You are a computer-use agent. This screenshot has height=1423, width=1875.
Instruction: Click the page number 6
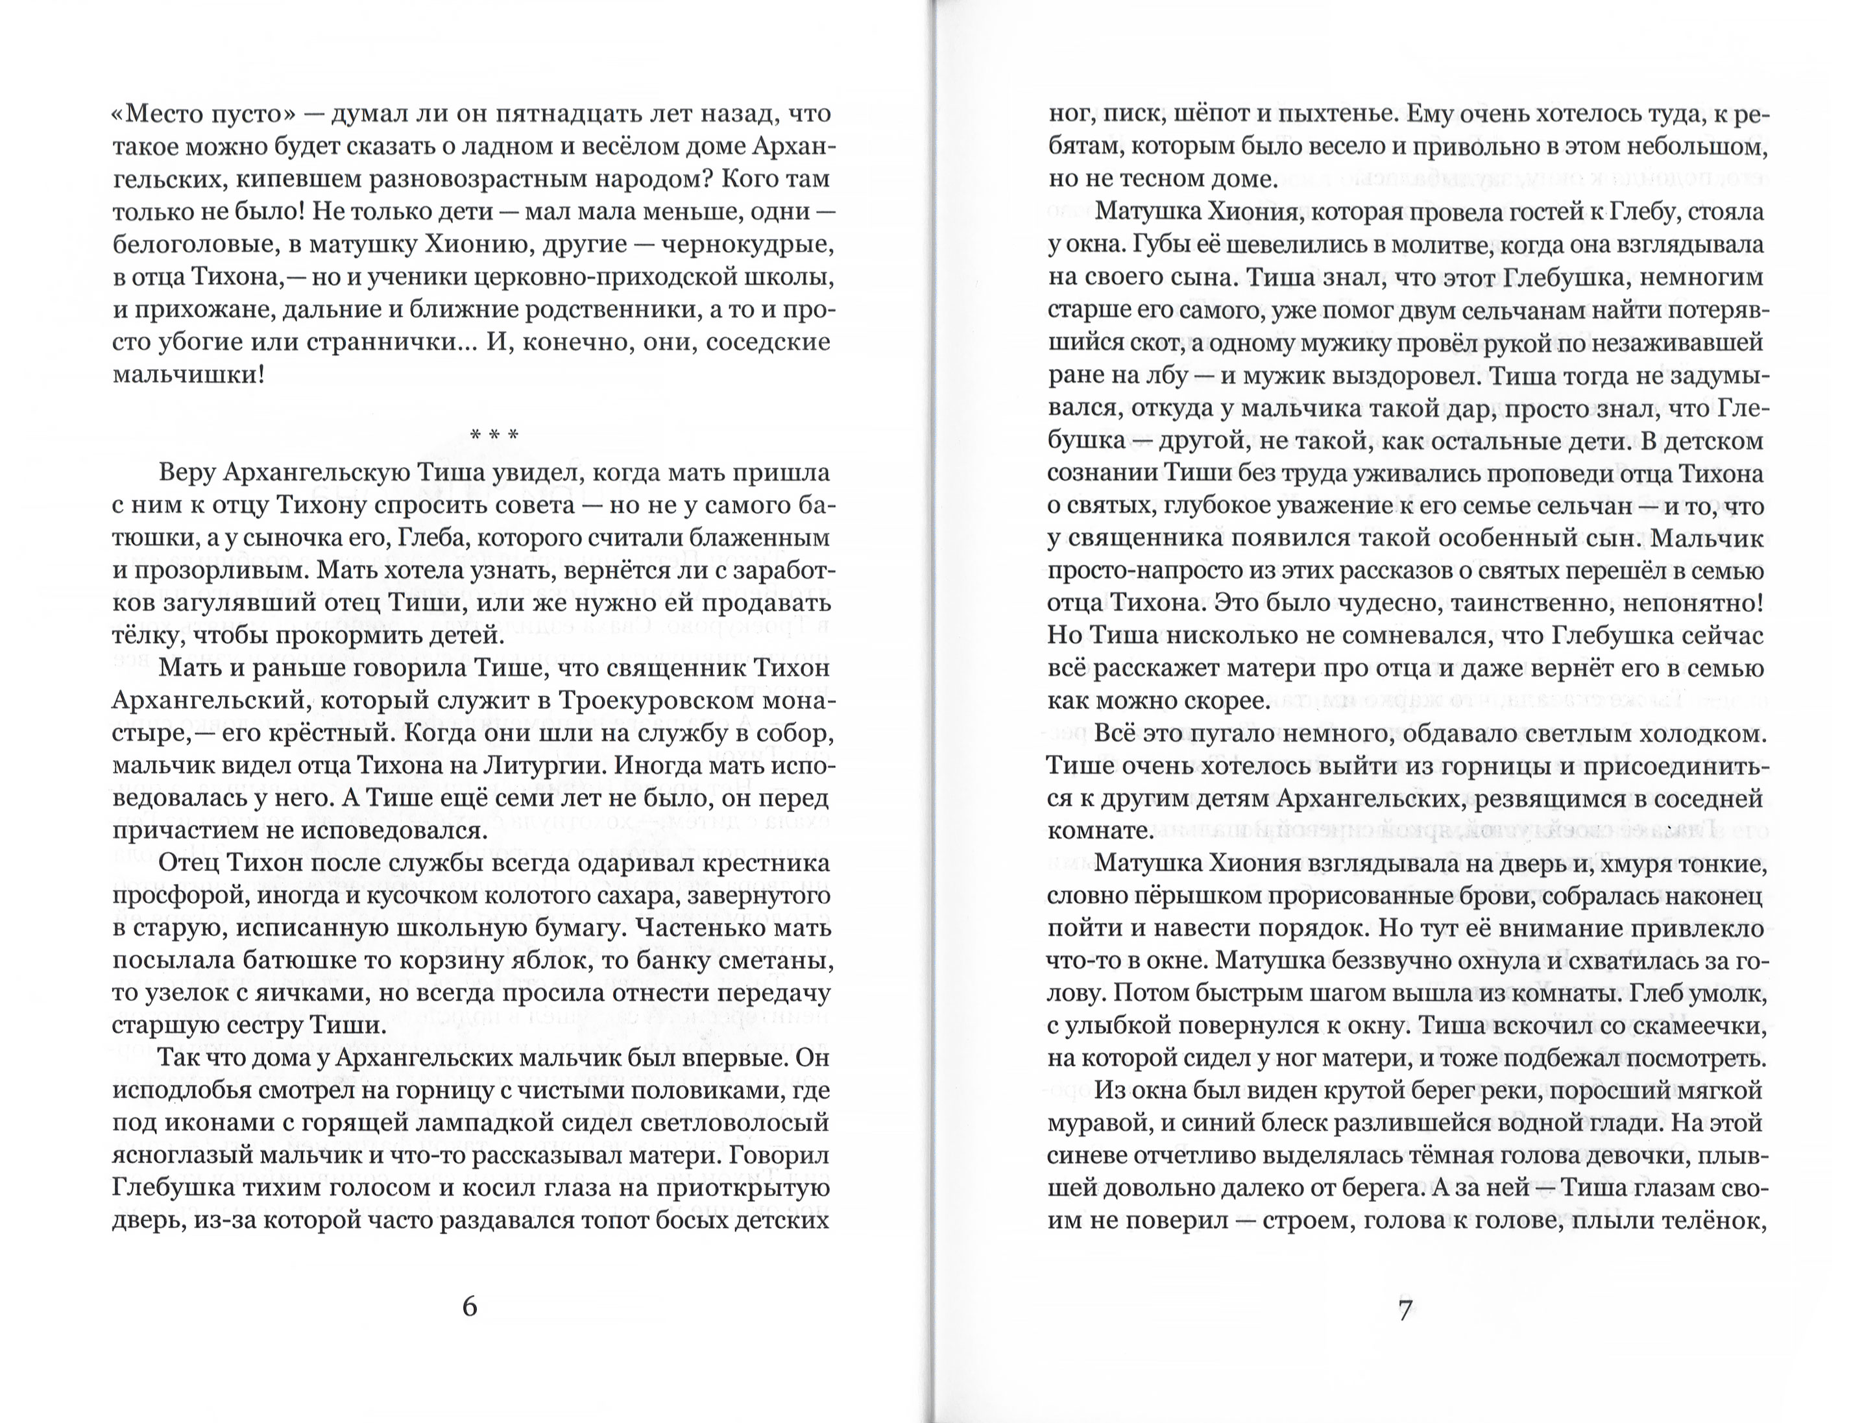(470, 1307)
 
